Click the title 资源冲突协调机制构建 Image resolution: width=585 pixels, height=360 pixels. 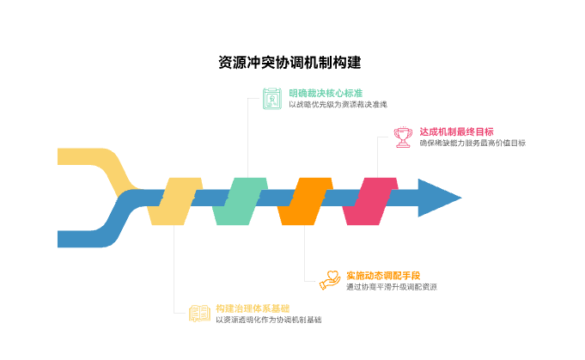tap(289, 63)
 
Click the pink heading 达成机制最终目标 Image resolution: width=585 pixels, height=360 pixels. tap(456, 131)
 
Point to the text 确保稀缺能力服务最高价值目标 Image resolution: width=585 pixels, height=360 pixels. tap(472, 143)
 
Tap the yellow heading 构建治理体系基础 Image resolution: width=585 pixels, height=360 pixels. tap(253, 308)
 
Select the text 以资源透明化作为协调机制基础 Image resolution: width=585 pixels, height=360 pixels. tap(269, 320)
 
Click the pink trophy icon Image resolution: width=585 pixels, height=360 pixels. tap(403, 137)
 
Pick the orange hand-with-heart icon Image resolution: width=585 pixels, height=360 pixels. tap(330, 280)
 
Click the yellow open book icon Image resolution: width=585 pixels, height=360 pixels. tap(199, 314)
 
